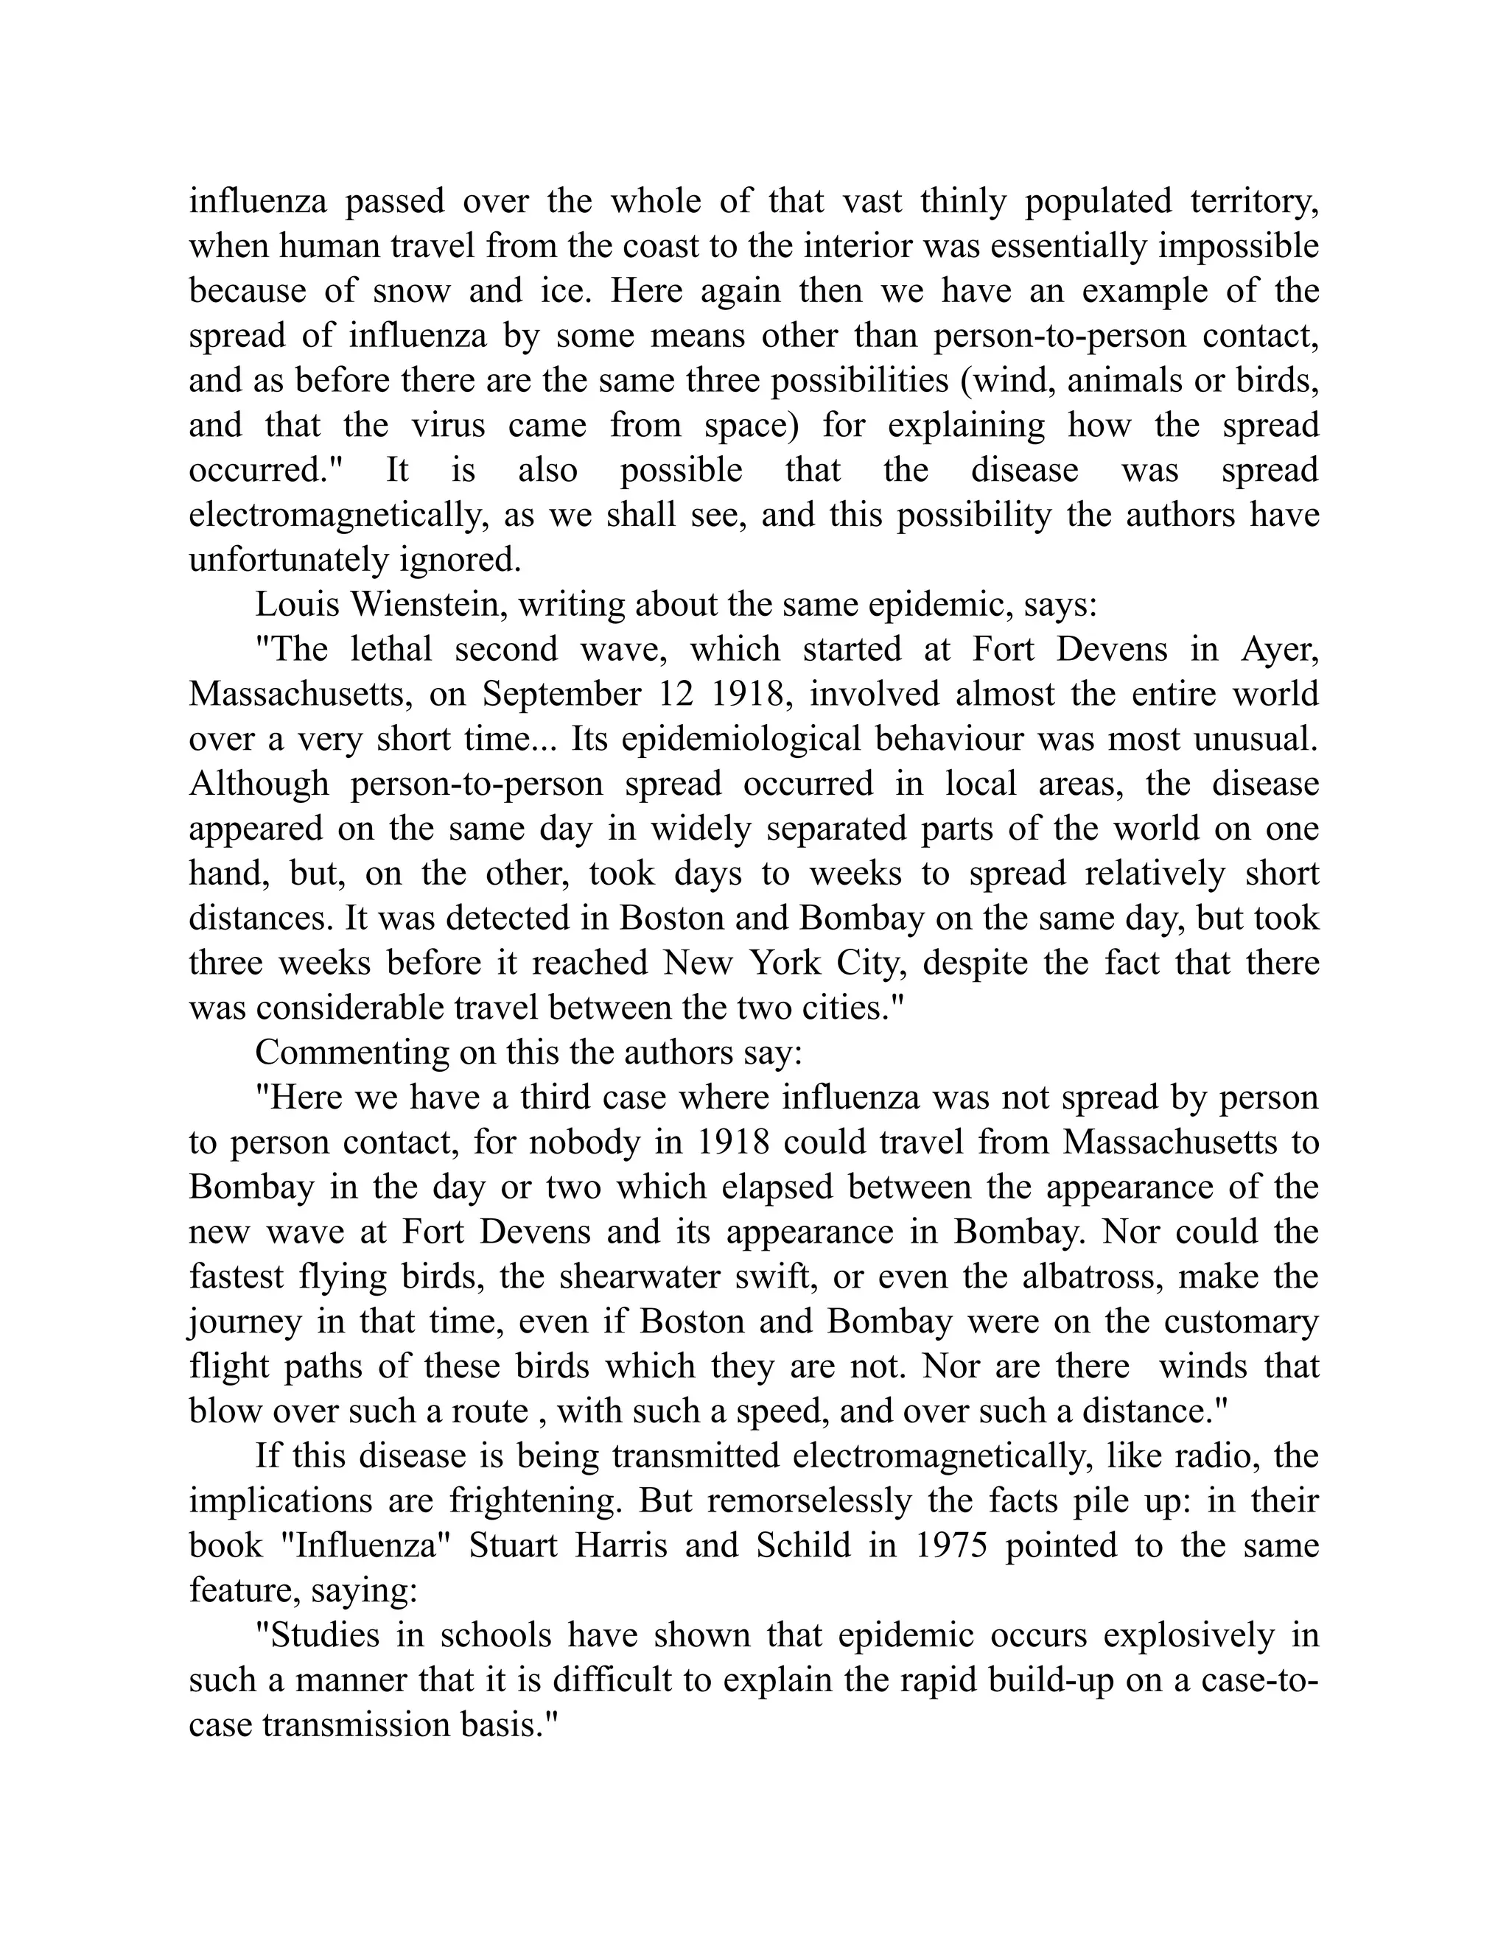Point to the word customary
(1241, 1322)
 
